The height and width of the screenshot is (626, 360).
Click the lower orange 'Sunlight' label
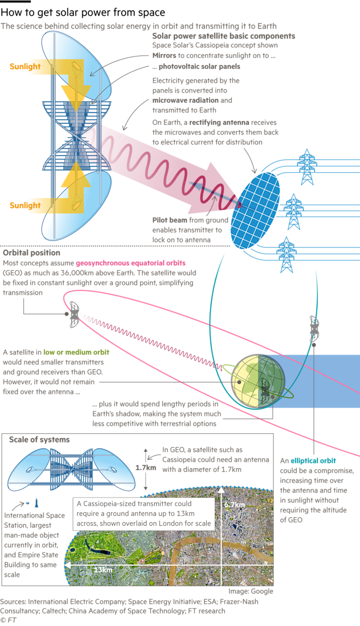click(25, 206)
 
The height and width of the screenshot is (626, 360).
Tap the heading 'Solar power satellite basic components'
click(223, 36)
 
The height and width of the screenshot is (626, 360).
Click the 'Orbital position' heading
click(31, 253)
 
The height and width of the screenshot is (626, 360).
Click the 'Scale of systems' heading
click(39, 440)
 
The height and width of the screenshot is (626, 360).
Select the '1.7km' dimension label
click(146, 468)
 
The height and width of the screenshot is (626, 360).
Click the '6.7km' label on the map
click(234, 505)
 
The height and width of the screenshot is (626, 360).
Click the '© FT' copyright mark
click(9, 620)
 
